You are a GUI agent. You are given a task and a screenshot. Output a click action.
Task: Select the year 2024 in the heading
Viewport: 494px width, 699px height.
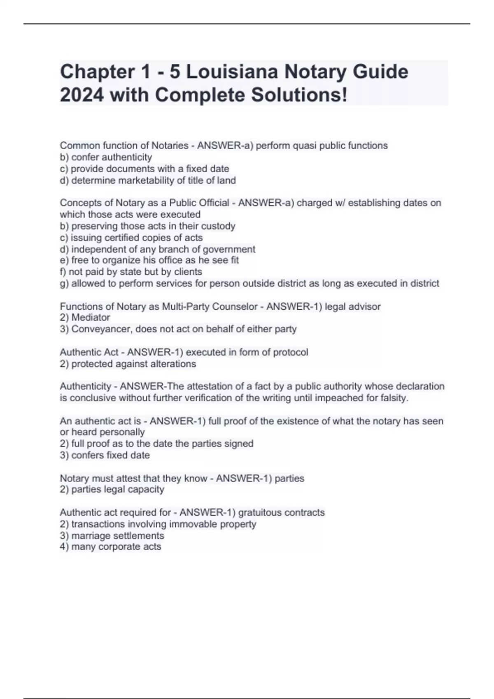pos(81,95)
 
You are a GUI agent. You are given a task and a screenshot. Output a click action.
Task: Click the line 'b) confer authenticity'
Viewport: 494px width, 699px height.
pos(106,157)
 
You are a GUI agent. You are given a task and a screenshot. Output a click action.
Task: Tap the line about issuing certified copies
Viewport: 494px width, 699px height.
pos(131,237)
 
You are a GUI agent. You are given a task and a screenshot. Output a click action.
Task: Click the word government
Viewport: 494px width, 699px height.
pos(229,249)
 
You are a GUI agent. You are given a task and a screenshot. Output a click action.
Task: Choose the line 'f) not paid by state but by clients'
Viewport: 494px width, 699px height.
pos(131,272)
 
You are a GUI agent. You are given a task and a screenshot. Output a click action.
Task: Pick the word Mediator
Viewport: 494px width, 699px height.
pos(91,317)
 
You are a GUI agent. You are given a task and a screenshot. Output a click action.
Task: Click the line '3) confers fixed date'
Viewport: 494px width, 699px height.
pos(105,455)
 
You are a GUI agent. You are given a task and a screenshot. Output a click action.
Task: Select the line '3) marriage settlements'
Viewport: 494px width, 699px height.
pos(112,535)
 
